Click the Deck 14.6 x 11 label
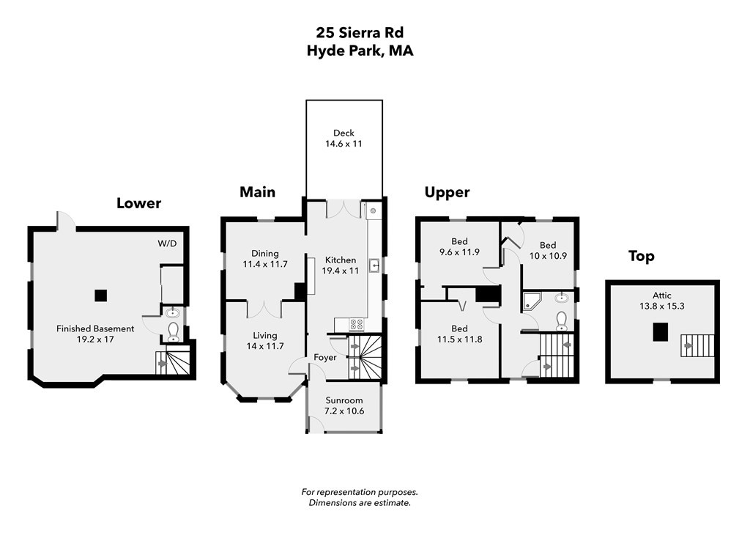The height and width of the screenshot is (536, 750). [344, 139]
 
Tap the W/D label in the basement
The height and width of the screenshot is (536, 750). [167, 243]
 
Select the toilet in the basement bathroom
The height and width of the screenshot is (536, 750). [173, 333]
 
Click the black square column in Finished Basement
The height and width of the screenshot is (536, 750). [101, 295]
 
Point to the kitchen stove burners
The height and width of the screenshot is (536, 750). [356, 323]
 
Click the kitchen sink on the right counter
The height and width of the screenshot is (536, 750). [374, 265]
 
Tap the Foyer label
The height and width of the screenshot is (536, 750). [325, 358]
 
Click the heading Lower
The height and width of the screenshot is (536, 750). [138, 203]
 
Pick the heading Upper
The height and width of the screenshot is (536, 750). [447, 192]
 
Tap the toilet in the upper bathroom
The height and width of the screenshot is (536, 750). [562, 320]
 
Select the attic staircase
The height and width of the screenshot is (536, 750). [696, 345]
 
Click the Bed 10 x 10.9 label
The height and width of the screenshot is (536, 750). [548, 250]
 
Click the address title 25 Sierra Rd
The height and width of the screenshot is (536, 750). [360, 32]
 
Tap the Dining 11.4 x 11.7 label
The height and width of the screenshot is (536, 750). [264, 259]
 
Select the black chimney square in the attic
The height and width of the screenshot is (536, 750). [661, 332]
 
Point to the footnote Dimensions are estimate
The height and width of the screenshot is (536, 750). [359, 503]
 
